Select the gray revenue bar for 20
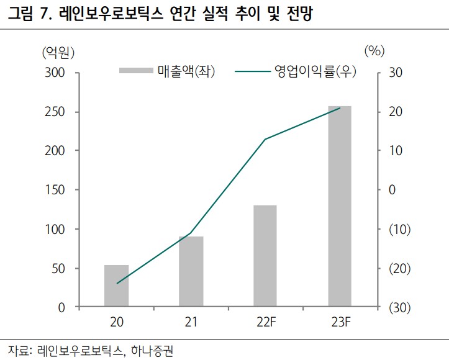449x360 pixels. pos(116,286)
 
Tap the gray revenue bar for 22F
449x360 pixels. pos(265,256)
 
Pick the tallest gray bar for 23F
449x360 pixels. pos(340,206)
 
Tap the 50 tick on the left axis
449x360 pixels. pos(57,269)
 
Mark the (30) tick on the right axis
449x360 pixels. pos(397,308)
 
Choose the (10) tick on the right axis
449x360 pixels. pos(397,230)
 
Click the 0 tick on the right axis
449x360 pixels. pos(391,190)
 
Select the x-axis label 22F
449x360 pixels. pos(265,322)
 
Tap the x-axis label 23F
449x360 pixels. pos(340,322)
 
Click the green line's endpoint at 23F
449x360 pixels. pos(340,108)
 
